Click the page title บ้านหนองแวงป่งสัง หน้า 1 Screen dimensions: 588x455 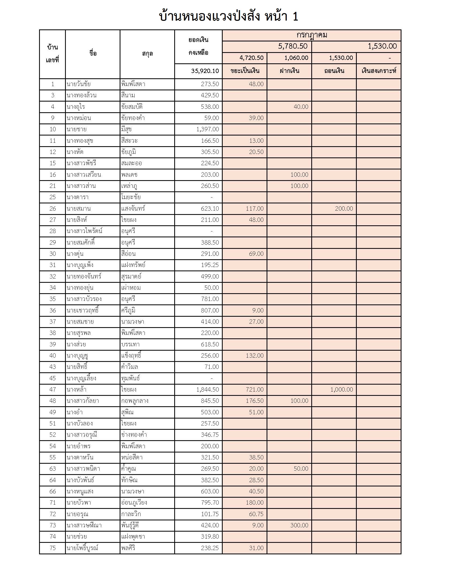[229, 16]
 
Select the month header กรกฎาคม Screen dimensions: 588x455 [312, 35]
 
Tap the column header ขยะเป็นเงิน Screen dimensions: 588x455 [245, 71]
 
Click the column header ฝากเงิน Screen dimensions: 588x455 [289, 71]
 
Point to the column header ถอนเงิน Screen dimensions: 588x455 [334, 71]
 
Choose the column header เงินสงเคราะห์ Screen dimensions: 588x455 [379, 71]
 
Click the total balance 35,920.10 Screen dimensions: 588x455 [205, 71]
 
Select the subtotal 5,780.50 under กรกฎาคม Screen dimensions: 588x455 [293, 46]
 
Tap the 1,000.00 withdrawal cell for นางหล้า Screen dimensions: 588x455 [342, 390]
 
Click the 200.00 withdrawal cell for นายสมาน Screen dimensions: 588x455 [344, 209]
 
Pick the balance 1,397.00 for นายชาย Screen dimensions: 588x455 [207, 129]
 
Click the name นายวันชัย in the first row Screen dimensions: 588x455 [78, 84]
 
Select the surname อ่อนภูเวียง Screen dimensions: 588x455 [134, 503]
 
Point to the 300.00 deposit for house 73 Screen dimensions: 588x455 [299, 525]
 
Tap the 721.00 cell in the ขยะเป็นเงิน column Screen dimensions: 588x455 [255, 390]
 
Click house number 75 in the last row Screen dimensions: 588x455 [52, 548]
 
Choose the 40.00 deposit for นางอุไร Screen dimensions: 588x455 [301, 107]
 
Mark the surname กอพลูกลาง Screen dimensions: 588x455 [135, 401]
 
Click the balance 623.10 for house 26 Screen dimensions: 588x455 [210, 209]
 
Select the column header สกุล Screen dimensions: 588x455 [147, 54]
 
